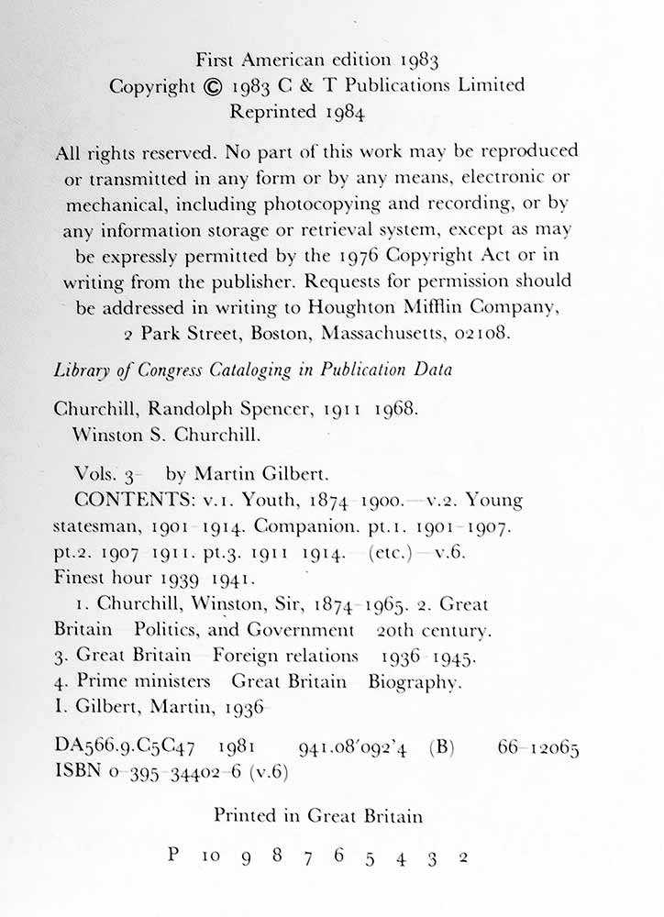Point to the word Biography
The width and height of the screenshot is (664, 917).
412,681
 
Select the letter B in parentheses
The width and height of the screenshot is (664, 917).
441,748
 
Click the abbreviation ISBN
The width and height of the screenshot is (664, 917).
76,772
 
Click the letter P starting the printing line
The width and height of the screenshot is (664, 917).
173,855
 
